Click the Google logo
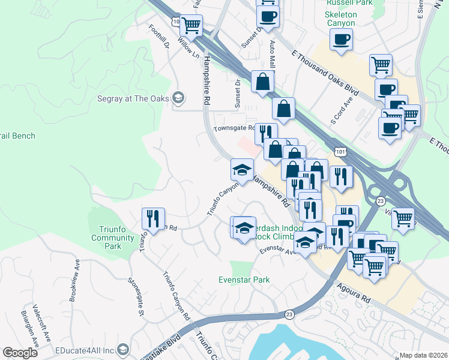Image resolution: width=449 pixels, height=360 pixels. coord(20,353)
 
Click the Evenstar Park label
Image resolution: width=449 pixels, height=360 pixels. coord(243,280)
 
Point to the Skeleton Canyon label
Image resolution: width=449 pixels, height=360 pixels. coord(341,19)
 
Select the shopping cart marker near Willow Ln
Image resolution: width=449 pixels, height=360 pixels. coord(191,26)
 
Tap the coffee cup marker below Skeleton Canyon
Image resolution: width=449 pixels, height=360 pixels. coord(341,40)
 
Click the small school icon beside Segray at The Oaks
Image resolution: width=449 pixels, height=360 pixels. coord(178,98)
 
